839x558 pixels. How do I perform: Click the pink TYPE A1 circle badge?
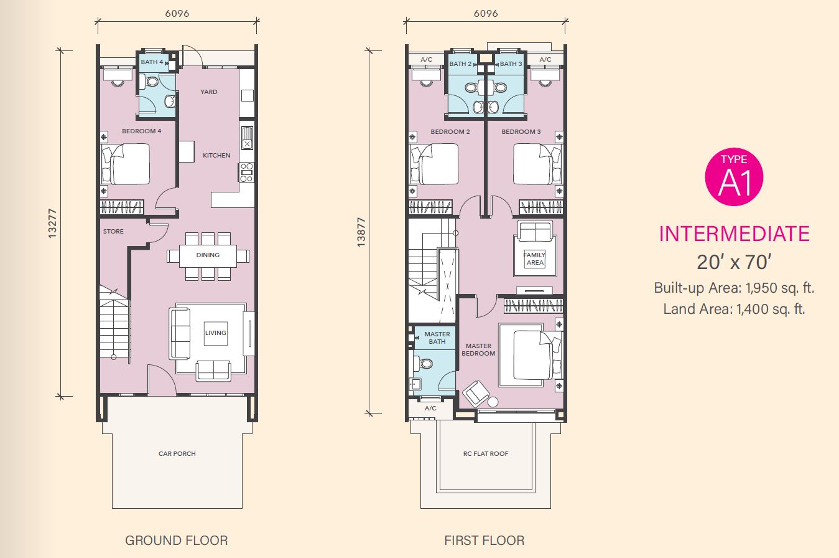(x=734, y=177)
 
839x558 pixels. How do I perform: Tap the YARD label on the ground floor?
(x=208, y=92)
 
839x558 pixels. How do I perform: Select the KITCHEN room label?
(x=216, y=155)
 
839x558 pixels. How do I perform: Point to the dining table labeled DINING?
(x=208, y=256)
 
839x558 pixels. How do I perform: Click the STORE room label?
(x=113, y=232)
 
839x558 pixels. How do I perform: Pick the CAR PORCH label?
(x=177, y=454)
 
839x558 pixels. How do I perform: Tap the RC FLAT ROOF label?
(x=486, y=454)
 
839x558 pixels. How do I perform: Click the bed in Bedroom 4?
(x=125, y=164)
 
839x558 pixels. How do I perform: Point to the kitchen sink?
(x=247, y=138)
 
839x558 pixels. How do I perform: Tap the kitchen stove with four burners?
(x=246, y=173)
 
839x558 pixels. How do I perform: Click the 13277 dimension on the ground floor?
(x=52, y=224)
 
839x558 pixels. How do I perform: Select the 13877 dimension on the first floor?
(x=361, y=232)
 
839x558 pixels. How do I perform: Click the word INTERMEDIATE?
(x=734, y=234)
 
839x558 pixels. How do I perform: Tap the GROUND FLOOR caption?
(x=177, y=541)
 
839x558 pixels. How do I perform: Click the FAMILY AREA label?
(x=535, y=258)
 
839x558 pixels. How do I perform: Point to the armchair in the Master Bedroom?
(x=476, y=394)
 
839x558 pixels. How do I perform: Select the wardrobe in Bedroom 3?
(x=541, y=207)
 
